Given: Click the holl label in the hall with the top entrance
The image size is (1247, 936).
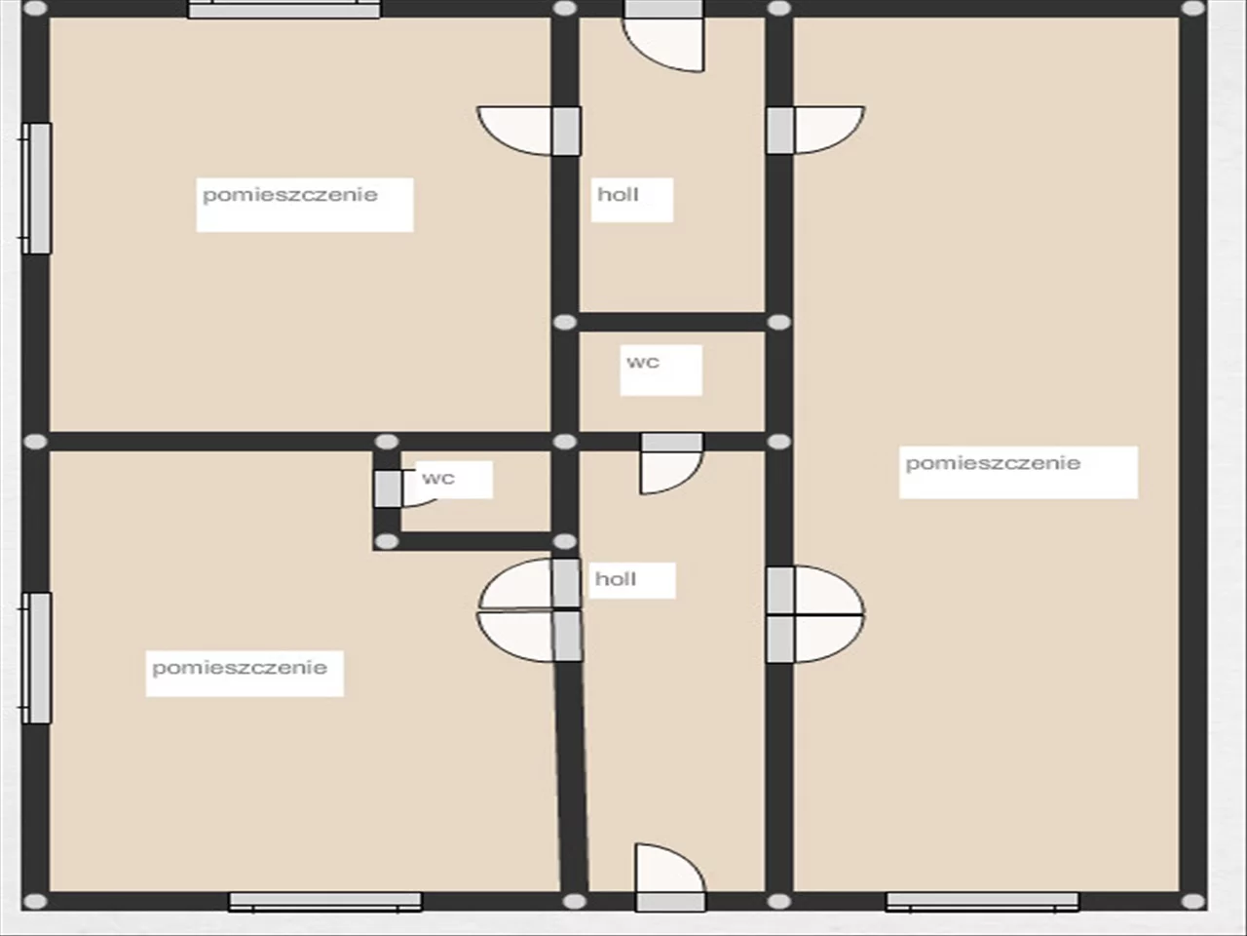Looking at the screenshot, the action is [x=618, y=194].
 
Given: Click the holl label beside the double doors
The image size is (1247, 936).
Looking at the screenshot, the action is [x=616, y=579].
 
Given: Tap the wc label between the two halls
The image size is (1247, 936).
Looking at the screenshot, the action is [x=643, y=362].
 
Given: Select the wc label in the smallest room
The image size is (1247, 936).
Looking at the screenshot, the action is [x=438, y=478].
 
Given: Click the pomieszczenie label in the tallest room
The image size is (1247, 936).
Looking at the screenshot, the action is [x=993, y=464].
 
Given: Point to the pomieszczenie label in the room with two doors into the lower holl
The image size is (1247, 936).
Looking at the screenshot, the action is [x=240, y=668].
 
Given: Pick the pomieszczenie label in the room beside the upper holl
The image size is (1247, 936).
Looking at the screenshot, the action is [x=290, y=195].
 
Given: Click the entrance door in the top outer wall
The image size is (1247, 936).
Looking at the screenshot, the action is [x=664, y=36].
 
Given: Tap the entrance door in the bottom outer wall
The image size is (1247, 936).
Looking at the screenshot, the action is [x=670, y=877].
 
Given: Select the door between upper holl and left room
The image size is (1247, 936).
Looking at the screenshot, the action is [x=529, y=131].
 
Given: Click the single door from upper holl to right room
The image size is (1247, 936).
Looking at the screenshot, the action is [x=815, y=130].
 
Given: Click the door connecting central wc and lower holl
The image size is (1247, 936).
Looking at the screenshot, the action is [x=672, y=464].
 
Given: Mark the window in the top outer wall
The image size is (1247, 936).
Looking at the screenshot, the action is [x=284, y=9].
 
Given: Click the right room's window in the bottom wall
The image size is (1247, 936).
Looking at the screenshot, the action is [x=982, y=902].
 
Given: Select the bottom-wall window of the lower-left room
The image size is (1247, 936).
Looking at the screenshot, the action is [x=325, y=902].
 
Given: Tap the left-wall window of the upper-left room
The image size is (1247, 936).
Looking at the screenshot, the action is [x=36, y=188].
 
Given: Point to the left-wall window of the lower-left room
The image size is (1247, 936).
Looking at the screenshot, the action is [x=36, y=658].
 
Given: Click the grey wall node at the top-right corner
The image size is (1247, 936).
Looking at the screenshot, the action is [x=1193, y=9].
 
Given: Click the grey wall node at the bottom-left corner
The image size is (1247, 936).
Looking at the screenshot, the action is [x=35, y=901].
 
